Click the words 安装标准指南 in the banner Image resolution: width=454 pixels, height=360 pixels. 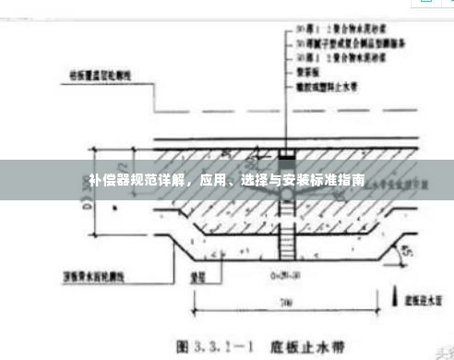point(329,180)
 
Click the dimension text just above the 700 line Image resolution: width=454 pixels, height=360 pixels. point(277,275)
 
